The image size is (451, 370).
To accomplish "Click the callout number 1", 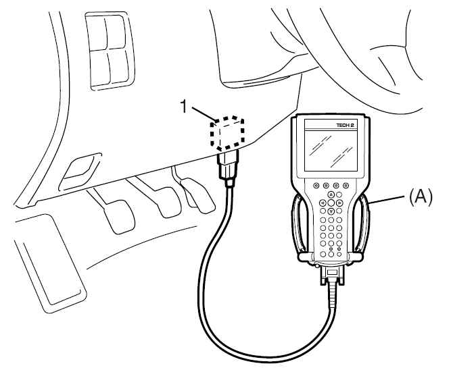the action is (184, 106).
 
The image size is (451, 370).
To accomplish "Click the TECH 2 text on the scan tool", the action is (345, 126).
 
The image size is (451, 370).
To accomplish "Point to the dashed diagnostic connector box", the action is (227, 133).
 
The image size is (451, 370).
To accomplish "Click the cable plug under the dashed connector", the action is (229, 168).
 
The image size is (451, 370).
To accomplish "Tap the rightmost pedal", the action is (199, 196).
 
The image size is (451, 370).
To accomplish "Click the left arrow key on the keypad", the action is (323, 203).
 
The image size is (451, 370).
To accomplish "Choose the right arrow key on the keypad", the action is (339, 203).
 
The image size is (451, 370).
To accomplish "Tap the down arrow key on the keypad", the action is (331, 211).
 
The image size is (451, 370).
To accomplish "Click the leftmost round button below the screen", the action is (316, 185).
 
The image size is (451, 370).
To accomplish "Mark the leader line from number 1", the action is (204, 113).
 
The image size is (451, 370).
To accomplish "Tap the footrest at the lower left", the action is (49, 263).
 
